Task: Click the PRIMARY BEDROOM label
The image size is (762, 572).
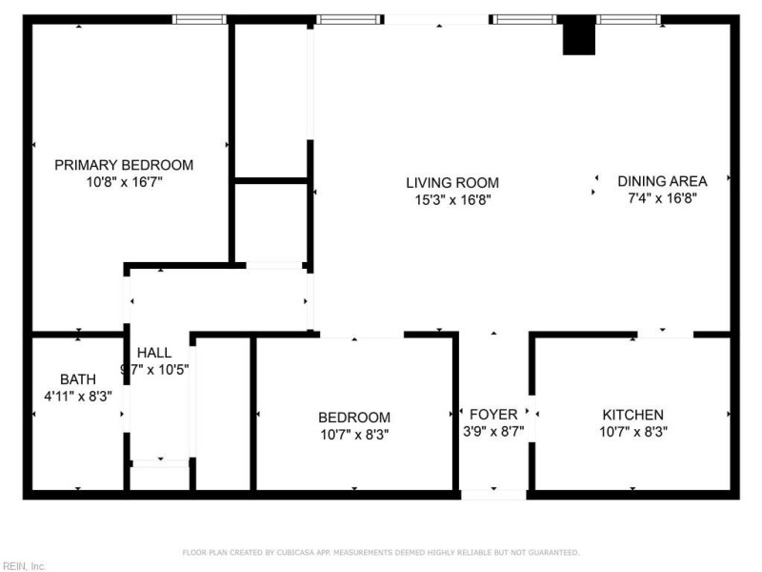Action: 124,165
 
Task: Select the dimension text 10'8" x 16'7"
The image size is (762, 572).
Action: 124,181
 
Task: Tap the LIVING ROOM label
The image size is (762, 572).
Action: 452,183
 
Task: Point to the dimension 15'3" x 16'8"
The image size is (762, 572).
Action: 452,199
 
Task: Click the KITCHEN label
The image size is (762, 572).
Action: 632,415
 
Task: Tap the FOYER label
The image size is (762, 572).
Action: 493,415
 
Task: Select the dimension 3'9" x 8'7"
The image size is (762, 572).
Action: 493,431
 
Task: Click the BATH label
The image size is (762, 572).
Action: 78,378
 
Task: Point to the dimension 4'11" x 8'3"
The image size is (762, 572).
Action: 78,395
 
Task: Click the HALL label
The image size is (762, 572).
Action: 154,352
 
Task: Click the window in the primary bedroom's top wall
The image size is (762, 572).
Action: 199,19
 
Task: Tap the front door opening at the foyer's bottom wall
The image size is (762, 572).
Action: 493,495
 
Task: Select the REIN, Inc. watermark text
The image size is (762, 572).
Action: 24,565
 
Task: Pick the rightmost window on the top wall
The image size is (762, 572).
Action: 629,19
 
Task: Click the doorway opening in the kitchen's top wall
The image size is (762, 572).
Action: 666,334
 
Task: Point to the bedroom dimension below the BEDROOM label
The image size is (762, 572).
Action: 354,434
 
